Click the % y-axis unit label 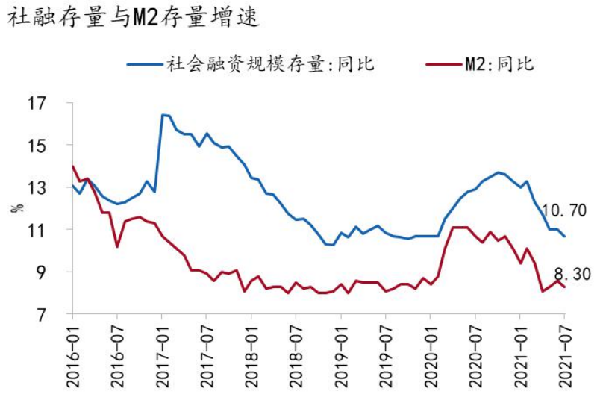click(16, 208)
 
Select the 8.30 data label click(572, 274)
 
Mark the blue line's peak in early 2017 click(163, 115)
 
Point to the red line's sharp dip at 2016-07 click(117, 246)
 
